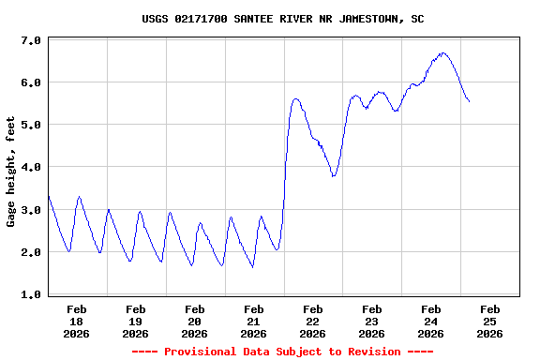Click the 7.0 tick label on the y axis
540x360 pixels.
point(30,41)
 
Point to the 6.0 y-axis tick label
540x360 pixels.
point(30,82)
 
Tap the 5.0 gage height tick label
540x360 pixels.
point(30,125)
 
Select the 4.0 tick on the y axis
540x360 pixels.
point(30,167)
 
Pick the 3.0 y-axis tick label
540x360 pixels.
point(30,210)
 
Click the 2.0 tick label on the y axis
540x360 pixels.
point(30,252)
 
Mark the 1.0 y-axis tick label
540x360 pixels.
point(30,294)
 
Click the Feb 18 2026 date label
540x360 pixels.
point(77,321)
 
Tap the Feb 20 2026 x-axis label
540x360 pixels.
point(195,321)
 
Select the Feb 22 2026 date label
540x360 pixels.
point(313,321)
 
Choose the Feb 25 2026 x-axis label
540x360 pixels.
point(489,321)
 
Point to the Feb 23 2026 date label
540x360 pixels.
point(372,321)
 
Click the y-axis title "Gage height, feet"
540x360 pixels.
point(11,172)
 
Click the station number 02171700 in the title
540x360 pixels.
point(204,19)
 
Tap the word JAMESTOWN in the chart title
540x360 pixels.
point(353,19)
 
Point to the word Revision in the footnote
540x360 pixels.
point(374,352)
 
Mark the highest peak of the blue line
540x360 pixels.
point(442,53)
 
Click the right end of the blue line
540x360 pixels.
point(469,101)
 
